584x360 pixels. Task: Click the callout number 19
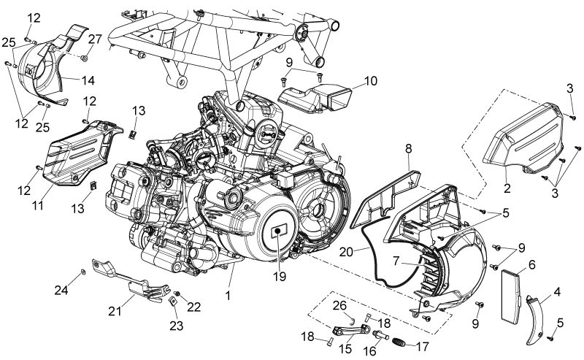(280, 276)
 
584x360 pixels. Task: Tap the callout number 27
(95, 39)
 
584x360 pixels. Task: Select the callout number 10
(371, 80)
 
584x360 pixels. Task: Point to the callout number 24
(61, 290)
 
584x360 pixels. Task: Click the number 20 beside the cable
(346, 252)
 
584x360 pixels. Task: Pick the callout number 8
(409, 149)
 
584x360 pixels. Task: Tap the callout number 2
(507, 188)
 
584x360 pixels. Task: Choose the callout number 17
(422, 347)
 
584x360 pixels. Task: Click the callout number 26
(339, 305)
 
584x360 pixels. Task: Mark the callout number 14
(88, 80)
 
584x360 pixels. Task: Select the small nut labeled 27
(85, 58)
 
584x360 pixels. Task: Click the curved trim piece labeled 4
(537, 321)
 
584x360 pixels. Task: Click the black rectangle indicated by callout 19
(278, 231)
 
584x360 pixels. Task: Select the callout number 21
(115, 310)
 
